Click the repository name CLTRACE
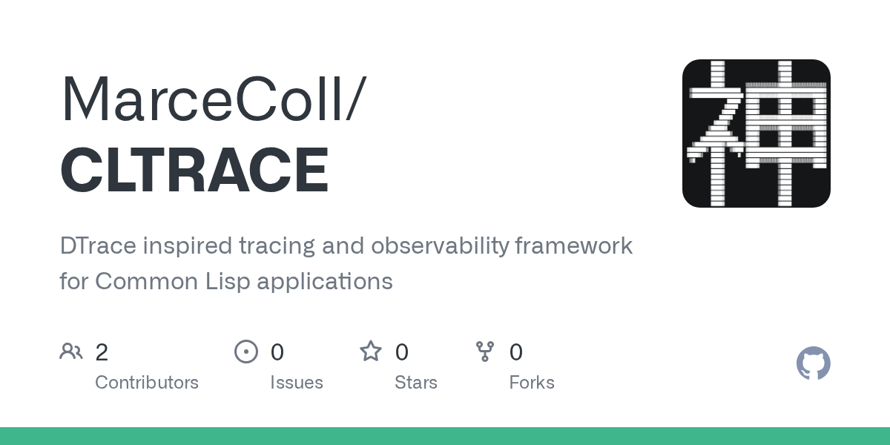coord(194,170)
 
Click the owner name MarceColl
coord(202,98)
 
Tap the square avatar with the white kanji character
coord(756,133)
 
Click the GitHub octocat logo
coord(814,363)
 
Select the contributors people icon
coord(71,352)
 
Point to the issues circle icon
coord(246,352)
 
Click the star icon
coord(371,352)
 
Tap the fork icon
coord(485,352)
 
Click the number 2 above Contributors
coord(102,352)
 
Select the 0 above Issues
coord(277,352)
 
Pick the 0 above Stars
coord(402,352)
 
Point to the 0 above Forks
coord(516,352)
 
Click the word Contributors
coord(147,383)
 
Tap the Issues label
coord(297,383)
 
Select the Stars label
coord(416,383)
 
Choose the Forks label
coord(532,383)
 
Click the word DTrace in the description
coord(98,245)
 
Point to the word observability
coord(440,246)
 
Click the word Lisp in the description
coord(227,282)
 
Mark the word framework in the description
coord(574,245)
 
